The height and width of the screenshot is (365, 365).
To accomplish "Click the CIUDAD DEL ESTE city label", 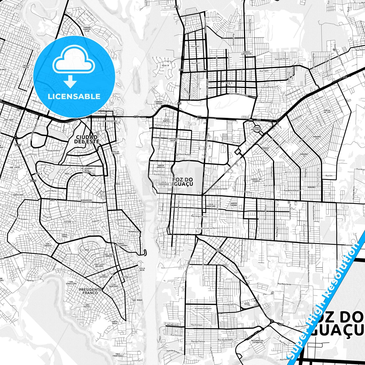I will coord(87,139).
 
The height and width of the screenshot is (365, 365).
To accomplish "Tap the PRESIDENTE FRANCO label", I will coord(90,291).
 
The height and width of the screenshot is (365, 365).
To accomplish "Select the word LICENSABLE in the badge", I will coord(74,96).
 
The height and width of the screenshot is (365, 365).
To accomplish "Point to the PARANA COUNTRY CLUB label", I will coord(87,29).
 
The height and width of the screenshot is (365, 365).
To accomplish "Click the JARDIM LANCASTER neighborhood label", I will coord(246,53).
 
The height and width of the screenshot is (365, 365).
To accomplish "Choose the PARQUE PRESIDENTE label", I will coord(257,129).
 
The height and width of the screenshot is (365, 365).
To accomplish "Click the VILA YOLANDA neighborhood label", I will coord(219,250).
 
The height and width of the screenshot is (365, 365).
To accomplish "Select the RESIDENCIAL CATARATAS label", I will coord(257,341).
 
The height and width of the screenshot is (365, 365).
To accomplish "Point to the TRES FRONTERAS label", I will coord(118,355).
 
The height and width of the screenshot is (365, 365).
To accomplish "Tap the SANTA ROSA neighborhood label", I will coord(114,322).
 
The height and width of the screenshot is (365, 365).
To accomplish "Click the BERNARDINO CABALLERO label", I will coord(86,201).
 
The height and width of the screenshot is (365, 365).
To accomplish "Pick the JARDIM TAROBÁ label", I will coord(234,204).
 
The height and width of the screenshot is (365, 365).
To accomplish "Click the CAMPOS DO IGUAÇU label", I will coord(256,180).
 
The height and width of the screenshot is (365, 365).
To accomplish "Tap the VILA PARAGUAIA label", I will coord(163,183).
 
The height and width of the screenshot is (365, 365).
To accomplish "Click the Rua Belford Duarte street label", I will coord(292,190).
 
